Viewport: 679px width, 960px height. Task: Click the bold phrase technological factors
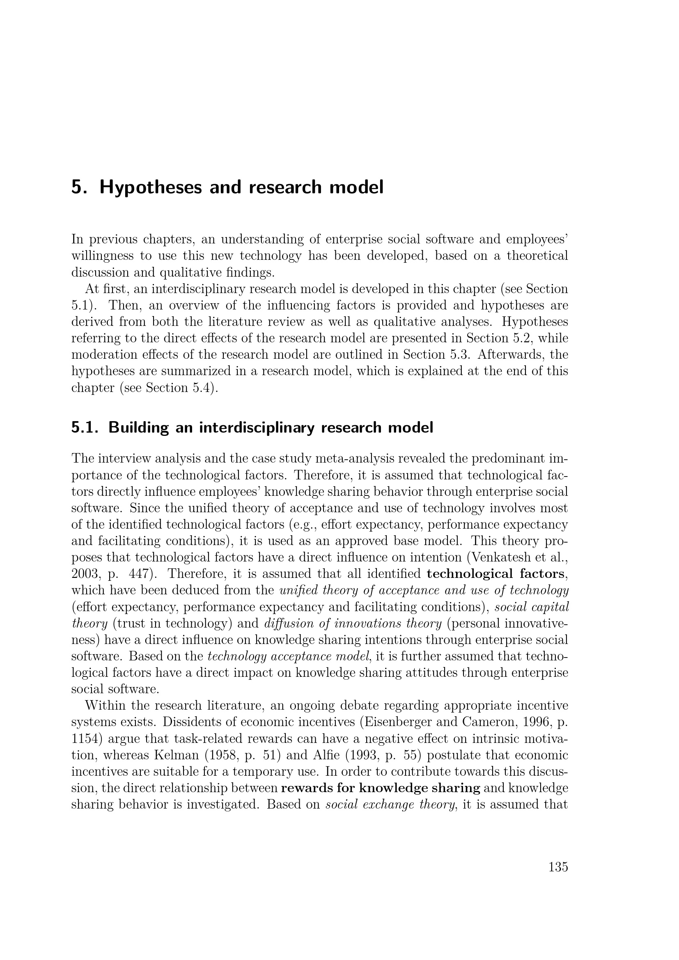[495, 574]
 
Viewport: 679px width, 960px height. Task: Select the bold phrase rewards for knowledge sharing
[381, 788]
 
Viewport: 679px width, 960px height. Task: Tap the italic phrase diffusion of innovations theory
[353, 623]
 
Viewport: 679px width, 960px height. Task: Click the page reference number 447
[140, 574]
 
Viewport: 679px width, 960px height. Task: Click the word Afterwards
[510, 355]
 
